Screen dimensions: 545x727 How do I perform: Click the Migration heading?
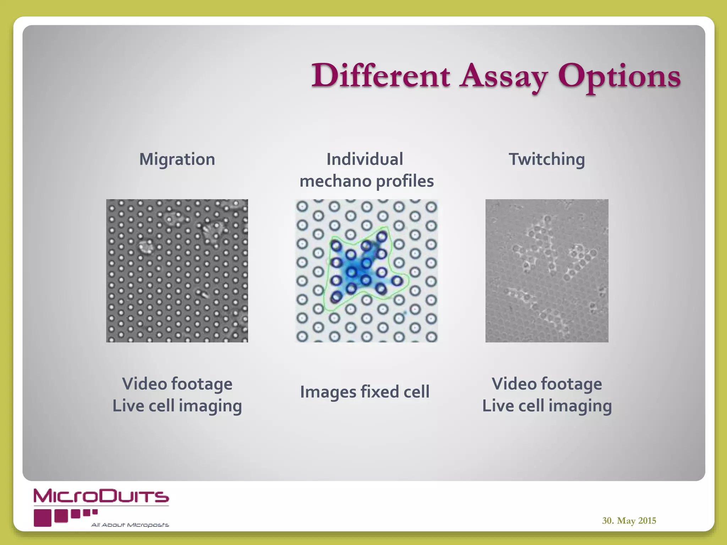177,159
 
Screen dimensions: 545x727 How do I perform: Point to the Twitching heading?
547,159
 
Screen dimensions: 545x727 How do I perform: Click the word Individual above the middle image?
365,159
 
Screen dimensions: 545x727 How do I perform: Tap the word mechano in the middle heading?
335,181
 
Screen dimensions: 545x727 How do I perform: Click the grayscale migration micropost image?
177,271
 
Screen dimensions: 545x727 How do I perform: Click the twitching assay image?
547,271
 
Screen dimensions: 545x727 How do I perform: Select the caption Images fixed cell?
365,392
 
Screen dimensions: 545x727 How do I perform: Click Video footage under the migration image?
177,384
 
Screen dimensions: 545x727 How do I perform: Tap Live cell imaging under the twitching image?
547,406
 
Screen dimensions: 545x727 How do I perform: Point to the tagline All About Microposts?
130,525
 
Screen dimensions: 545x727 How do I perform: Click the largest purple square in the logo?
43,518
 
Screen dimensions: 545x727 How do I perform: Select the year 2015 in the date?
647,521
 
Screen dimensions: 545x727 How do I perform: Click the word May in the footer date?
626,521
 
